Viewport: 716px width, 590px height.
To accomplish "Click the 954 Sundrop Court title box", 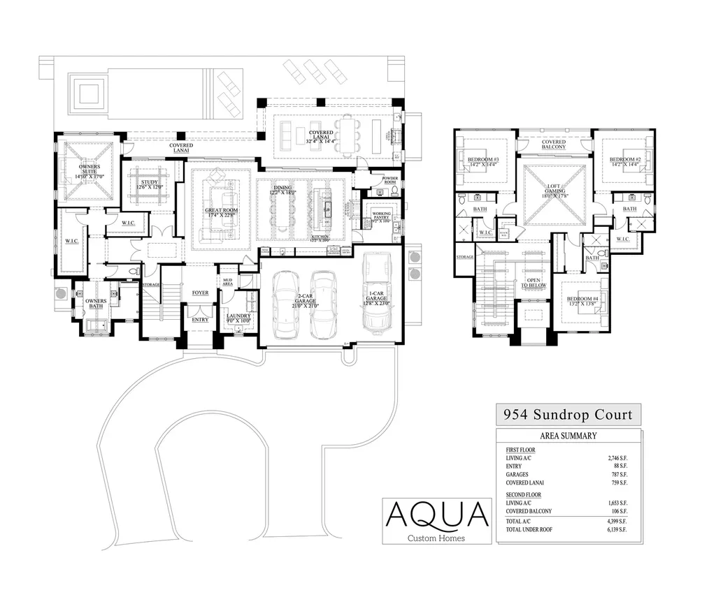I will [x=568, y=415].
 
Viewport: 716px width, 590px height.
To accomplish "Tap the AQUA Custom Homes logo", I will [x=438, y=521].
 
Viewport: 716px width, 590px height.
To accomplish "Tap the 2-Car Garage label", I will [x=303, y=302].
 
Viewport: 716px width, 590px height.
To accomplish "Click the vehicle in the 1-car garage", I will [x=376, y=290].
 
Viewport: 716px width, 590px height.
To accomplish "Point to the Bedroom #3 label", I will [x=483, y=163].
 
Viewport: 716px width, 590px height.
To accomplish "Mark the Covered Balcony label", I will [x=554, y=145].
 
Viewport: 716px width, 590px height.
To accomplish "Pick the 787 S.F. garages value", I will [x=619, y=474].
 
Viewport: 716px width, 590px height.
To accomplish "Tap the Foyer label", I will [x=200, y=293].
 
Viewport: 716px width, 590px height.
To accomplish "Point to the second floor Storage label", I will [x=465, y=257].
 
